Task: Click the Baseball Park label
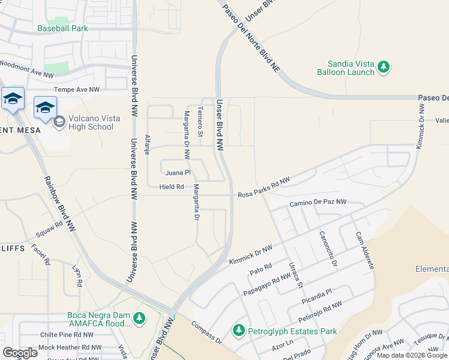(62, 28)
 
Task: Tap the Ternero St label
(201, 124)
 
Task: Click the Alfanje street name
(147, 145)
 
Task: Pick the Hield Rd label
(172, 187)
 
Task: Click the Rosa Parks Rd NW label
(264, 188)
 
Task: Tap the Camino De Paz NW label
(318, 203)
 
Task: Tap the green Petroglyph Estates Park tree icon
(238, 330)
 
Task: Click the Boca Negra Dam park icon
(139, 317)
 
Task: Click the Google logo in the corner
(20, 353)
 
